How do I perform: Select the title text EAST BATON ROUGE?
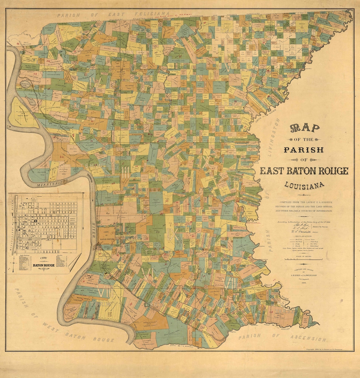point(304,171)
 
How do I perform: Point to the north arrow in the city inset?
point(14,264)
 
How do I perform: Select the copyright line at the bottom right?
point(328,349)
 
